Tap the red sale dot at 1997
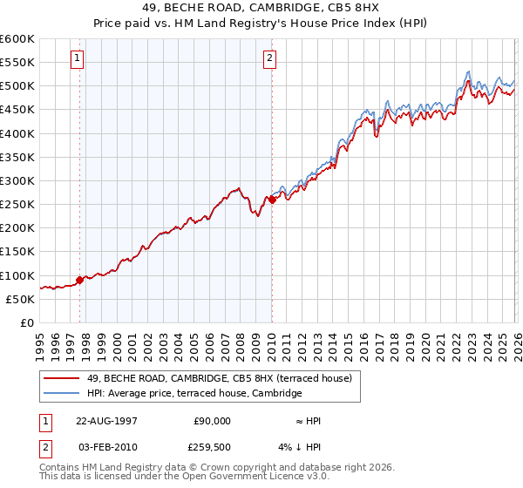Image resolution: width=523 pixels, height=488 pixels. click(80, 280)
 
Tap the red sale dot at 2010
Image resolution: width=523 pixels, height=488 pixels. click(272, 200)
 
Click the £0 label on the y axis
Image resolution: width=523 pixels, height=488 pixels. click(28, 322)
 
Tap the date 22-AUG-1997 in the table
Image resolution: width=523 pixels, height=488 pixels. click(106, 420)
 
